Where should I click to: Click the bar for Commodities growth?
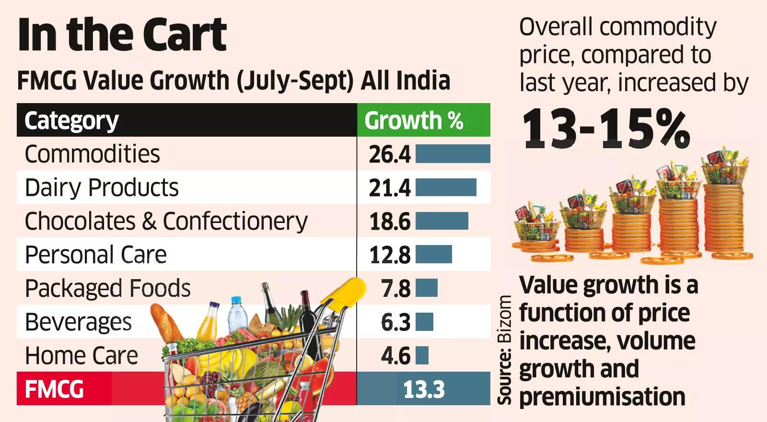(453, 154)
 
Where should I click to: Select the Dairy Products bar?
(446, 188)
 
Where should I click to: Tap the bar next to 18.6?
(442, 221)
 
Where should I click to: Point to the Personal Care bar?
(433, 254)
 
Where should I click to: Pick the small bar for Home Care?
(422, 355)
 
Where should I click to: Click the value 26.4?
(389, 154)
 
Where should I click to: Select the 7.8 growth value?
(395, 289)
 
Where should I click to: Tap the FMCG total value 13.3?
(424, 389)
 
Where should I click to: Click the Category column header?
(71, 120)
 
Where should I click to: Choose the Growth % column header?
(413, 120)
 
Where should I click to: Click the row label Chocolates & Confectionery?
(166, 222)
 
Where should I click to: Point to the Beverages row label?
(78, 322)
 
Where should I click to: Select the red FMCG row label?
(54, 389)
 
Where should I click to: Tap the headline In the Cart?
(122, 35)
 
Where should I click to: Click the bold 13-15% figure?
(606, 129)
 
